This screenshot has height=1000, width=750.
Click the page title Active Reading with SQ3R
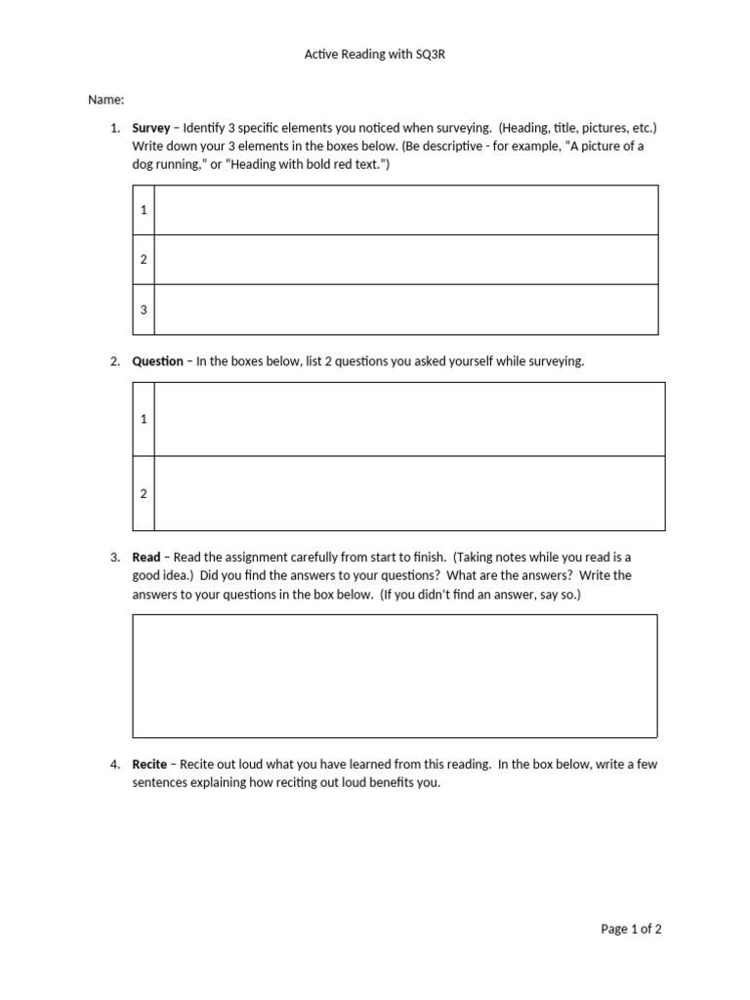coord(375,56)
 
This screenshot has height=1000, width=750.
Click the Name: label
coord(106,100)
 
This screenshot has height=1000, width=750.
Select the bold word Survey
coord(151,128)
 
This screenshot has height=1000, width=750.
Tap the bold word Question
coord(157,361)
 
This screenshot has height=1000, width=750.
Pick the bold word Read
coord(146,557)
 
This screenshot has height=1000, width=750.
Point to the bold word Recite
coord(150,765)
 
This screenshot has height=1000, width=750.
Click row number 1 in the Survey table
coord(144,210)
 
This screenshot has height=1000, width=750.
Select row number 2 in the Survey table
coord(144,260)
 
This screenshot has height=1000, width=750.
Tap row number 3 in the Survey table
coord(144,310)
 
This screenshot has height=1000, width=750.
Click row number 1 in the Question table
coord(144,419)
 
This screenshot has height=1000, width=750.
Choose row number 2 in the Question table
coord(144,493)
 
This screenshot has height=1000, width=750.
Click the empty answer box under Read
coord(395,675)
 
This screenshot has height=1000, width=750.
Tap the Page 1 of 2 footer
coord(631,929)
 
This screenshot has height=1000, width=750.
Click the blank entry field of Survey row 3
coord(405,310)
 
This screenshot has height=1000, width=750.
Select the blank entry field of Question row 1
coord(409,419)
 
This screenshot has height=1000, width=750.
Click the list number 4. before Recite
coord(114,765)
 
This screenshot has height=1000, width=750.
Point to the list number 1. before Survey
coord(114,128)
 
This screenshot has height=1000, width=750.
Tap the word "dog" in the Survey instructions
coord(144,165)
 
